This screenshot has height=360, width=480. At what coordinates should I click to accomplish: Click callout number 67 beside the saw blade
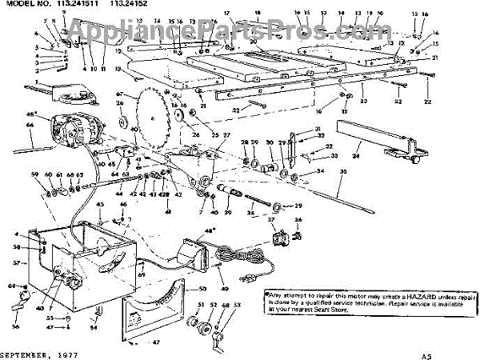[121, 94]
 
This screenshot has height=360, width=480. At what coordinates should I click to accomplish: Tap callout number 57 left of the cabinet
[15, 262]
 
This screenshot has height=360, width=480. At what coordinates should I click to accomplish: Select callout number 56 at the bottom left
[15, 327]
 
